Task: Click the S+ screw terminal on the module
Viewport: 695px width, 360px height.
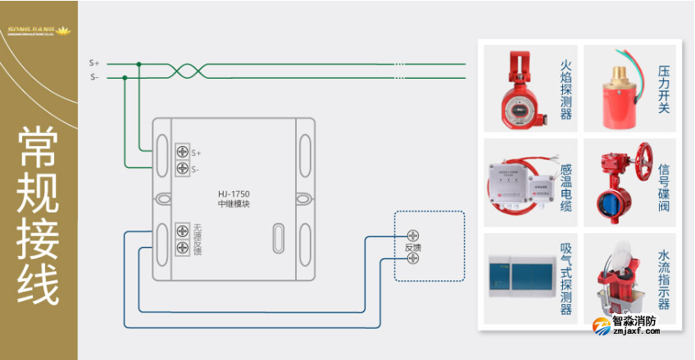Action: pos(183,153)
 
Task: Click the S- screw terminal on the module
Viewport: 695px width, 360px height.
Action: pos(183,169)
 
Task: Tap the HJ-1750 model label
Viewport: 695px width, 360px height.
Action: pos(234,194)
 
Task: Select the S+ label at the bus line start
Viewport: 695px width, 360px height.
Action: pos(94,63)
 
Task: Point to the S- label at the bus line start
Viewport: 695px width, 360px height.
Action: pos(94,78)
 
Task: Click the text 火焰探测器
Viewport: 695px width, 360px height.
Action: pos(566,89)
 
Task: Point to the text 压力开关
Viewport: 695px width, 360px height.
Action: pos(664,89)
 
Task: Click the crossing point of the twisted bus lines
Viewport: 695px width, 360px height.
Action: pos(187,71)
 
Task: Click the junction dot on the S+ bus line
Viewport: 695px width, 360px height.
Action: pos(139,63)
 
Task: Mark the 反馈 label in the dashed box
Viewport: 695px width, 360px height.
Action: pos(412,247)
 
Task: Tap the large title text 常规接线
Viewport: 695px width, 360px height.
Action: pos(39,215)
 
